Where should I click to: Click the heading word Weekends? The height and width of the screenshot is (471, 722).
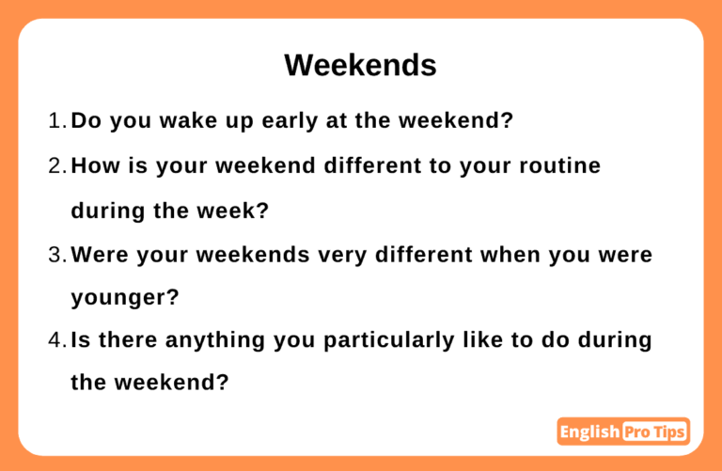(x=360, y=65)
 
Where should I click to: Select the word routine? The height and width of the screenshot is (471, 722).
(x=560, y=165)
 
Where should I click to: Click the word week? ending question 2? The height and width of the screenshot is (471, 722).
(x=233, y=211)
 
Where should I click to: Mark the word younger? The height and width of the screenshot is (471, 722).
(x=125, y=298)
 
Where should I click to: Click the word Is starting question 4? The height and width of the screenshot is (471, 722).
(x=81, y=340)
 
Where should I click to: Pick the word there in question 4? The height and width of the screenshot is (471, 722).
(x=128, y=340)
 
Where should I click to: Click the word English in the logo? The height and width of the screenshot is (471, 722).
(x=589, y=432)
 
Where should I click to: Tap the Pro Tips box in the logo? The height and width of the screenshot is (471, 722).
(x=654, y=432)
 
